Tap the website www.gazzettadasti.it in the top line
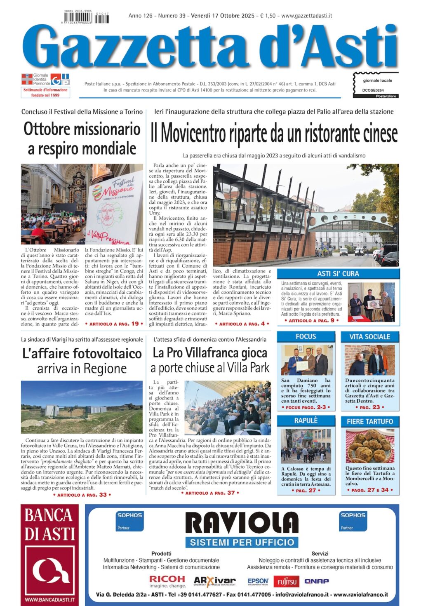307,16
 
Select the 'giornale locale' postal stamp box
376,85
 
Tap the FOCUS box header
306,336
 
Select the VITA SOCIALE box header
369,337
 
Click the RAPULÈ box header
306,420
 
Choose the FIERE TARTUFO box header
369,421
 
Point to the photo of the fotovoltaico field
82,407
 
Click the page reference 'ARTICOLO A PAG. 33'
82,495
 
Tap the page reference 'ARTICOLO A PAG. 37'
210,493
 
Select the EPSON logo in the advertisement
258,581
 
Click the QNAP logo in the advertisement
316,581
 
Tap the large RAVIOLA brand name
242,523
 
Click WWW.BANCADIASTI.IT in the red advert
50,599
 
